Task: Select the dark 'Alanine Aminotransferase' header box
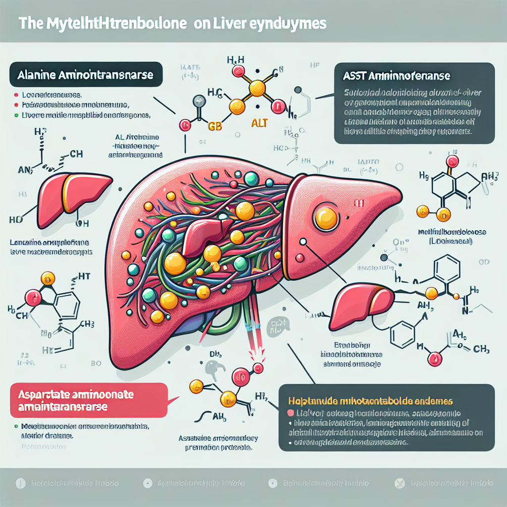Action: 86,76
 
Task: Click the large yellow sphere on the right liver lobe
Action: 326,216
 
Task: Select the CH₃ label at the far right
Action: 480,350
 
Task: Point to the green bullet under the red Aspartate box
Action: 16,425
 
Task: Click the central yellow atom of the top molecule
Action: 257,88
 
